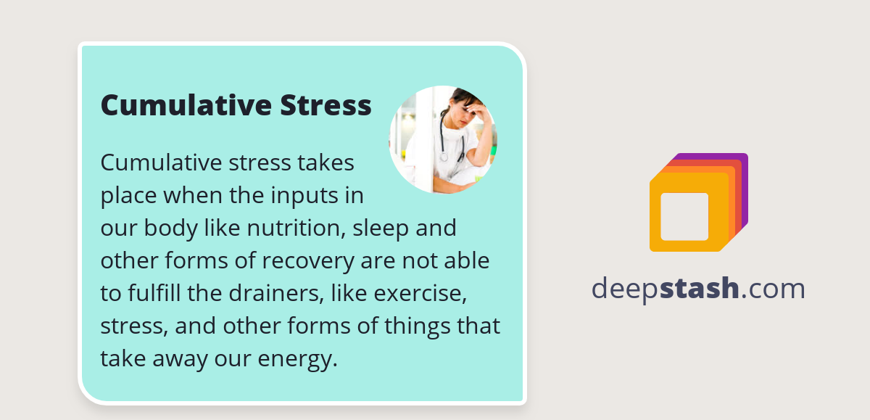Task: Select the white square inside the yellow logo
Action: (684, 216)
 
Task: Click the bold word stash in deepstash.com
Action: (703, 289)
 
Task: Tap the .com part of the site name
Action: (774, 289)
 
